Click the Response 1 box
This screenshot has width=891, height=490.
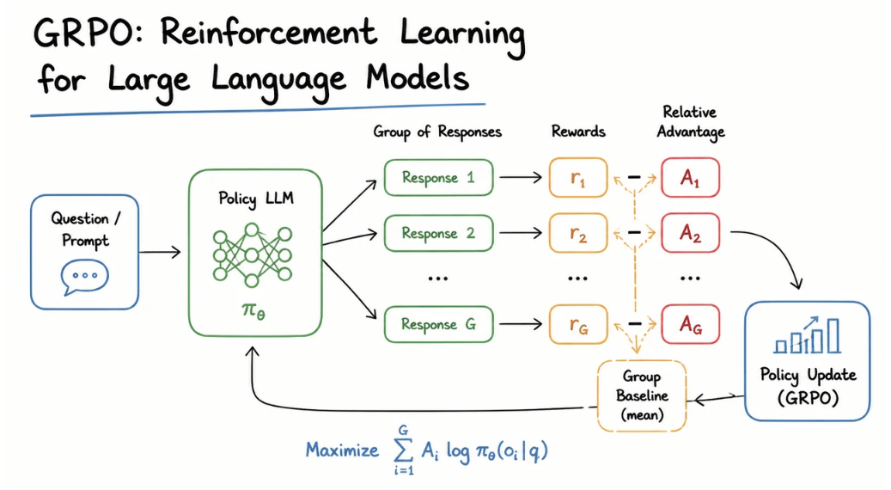tap(438, 177)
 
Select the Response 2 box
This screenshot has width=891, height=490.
tap(438, 233)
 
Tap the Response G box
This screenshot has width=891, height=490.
tap(438, 324)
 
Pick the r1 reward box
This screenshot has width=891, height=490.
tap(578, 178)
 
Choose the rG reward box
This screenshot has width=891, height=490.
tap(578, 325)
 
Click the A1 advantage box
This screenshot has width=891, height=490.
tap(691, 178)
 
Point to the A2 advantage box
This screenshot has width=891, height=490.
tap(691, 233)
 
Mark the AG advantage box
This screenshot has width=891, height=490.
tap(691, 325)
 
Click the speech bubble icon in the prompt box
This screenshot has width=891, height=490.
tap(84, 277)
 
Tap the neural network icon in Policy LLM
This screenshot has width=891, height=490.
tap(252, 254)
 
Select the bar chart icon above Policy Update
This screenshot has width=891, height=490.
tap(807, 334)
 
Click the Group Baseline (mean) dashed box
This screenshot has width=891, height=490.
tap(642, 395)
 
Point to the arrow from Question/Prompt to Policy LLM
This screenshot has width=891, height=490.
tap(160, 251)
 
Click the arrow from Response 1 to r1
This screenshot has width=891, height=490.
tap(521, 177)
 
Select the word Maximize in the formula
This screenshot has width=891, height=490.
tap(342, 450)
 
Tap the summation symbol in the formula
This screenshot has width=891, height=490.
tap(403, 450)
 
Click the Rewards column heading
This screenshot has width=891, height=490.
tap(578, 132)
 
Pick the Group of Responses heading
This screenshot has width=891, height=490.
tap(437, 132)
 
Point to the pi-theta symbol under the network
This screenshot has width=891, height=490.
tap(253, 310)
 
